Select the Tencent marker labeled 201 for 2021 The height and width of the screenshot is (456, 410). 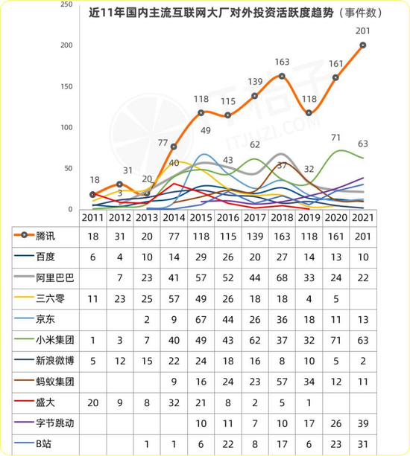coord(363,45)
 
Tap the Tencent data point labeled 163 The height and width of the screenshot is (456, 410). coord(282,76)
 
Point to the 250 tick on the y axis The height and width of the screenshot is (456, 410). coord(66,4)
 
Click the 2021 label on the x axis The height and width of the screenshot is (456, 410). coord(363,217)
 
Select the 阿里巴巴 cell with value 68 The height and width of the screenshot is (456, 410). coord(282,277)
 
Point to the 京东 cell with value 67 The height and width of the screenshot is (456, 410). coord(201,318)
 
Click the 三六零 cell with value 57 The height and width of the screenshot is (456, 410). coord(174,298)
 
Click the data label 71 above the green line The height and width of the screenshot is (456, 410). coord(336,138)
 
